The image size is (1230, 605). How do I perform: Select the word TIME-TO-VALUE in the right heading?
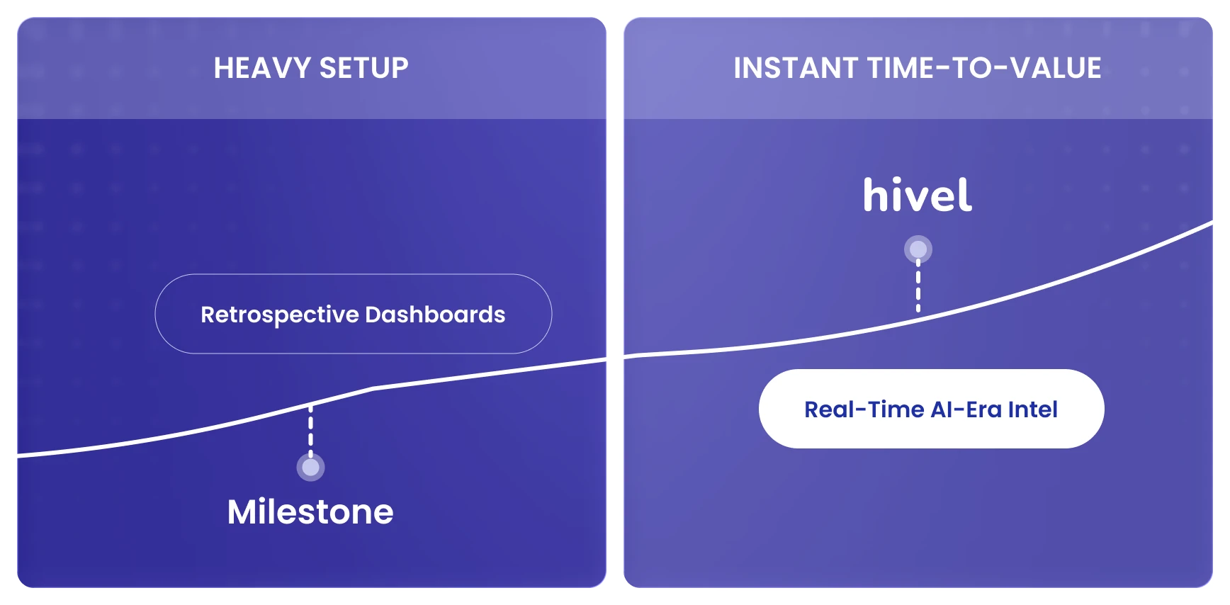click(x=984, y=68)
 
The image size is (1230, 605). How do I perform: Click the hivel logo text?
click(x=918, y=196)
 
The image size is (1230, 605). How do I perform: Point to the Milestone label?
click(x=310, y=511)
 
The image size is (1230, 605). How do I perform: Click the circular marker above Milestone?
click(x=310, y=468)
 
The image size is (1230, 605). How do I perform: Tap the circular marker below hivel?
click(x=918, y=249)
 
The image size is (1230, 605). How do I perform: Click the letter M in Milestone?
click(x=242, y=511)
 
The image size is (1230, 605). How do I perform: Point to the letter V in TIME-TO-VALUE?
click(x=1021, y=68)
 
